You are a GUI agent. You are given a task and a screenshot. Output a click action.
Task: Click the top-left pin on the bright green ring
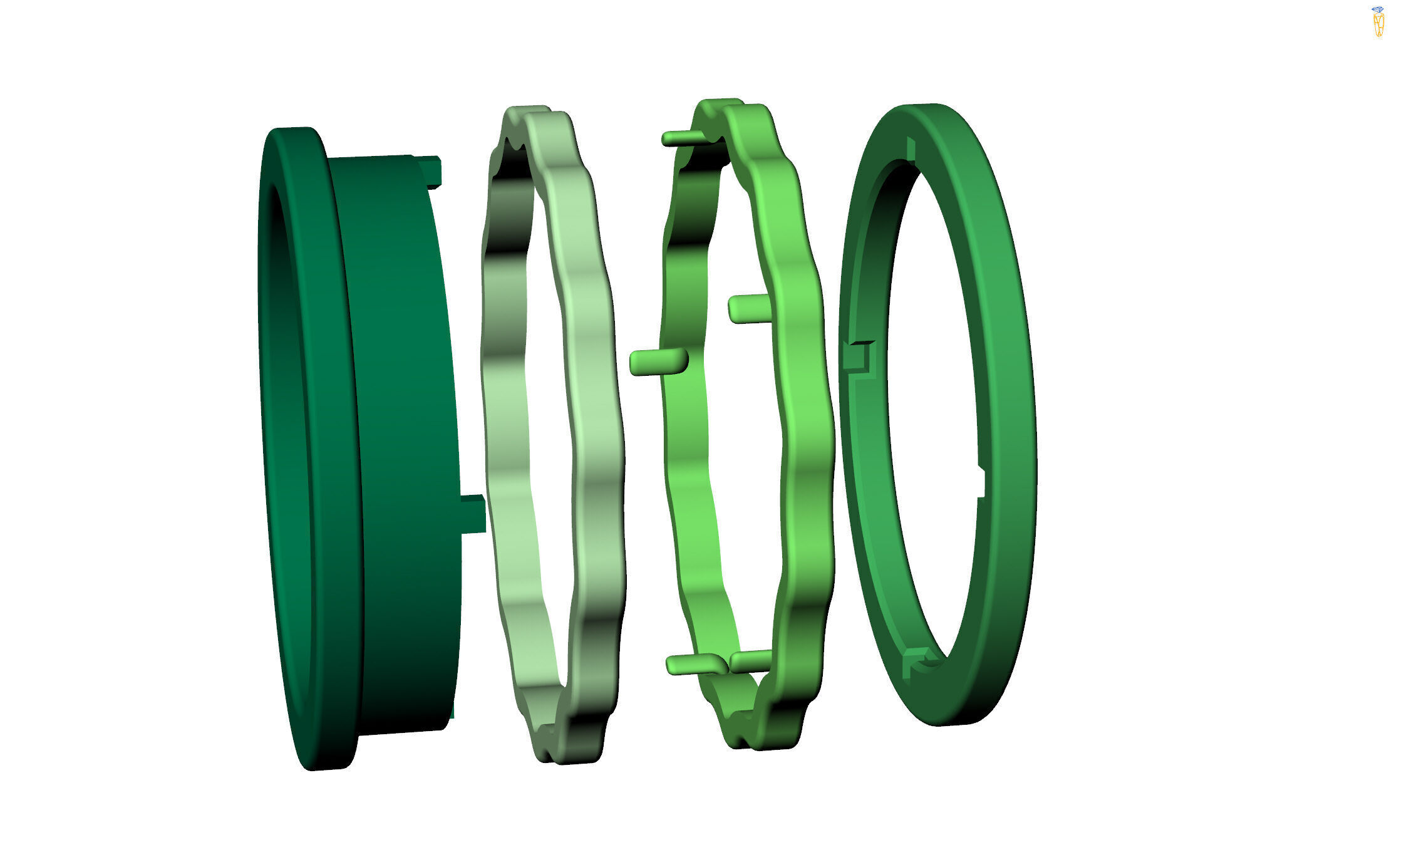(x=683, y=138)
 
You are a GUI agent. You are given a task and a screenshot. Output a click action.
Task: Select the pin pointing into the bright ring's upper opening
(x=748, y=309)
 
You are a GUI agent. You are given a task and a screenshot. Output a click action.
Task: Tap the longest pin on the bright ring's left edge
(x=658, y=362)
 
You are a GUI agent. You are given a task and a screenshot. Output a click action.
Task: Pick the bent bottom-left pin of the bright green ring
(x=692, y=664)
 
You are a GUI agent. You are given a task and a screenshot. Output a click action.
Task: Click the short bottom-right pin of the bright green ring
(x=750, y=660)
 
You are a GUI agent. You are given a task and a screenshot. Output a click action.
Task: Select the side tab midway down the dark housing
(x=473, y=514)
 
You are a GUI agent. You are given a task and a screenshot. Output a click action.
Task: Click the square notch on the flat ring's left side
(x=858, y=357)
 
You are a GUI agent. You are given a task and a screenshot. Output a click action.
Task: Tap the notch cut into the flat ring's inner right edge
(x=981, y=482)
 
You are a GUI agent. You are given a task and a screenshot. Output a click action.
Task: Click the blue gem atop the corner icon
(x=1377, y=9)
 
